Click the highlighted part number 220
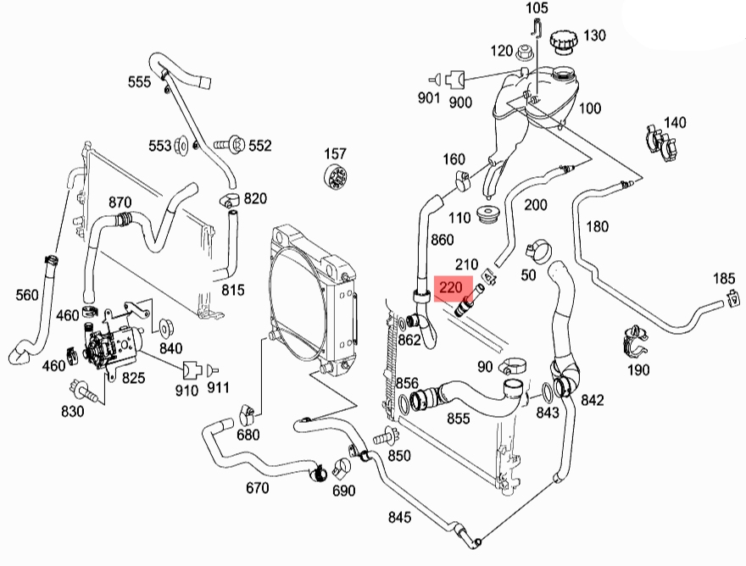[x=450, y=288]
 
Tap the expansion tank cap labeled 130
[x=563, y=42]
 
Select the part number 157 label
[x=336, y=153]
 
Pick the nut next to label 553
[x=181, y=146]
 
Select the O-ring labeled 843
[x=547, y=391]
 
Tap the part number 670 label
[x=257, y=488]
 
